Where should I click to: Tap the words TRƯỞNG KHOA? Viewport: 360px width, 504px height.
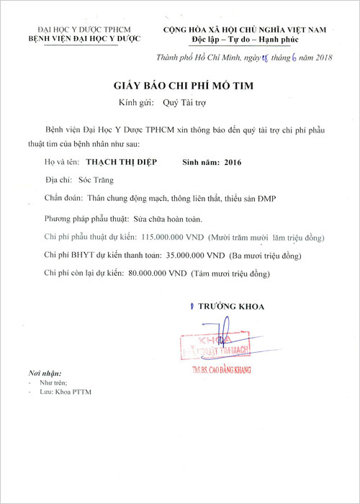point(230,307)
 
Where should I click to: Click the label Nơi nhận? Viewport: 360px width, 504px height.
point(42,376)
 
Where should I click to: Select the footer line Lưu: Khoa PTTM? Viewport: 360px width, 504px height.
point(64,393)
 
